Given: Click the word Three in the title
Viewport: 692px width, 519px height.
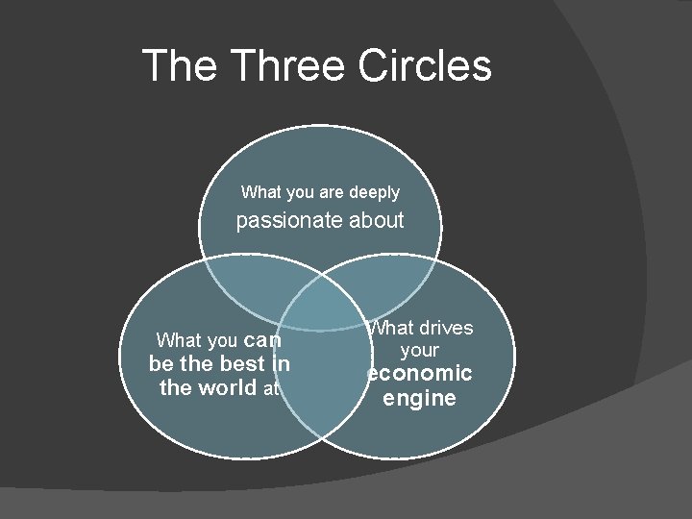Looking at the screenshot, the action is point(289,65).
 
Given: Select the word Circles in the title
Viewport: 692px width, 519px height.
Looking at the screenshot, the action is point(425,65).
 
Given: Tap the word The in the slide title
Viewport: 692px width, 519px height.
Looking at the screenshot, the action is point(182,65).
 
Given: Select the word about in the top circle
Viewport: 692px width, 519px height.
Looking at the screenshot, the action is point(376,221).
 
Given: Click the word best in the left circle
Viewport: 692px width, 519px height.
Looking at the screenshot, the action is point(242,364).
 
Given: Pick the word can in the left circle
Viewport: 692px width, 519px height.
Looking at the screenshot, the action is point(262,339).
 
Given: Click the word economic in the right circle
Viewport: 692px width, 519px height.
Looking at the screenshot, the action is point(420,373).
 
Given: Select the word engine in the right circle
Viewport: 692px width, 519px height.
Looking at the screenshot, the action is point(419,398).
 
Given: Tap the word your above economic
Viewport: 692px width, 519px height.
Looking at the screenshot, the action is point(419,350).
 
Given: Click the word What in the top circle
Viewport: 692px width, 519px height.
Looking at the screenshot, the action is point(260,193).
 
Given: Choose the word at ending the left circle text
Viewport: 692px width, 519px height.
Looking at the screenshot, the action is point(270,389).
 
